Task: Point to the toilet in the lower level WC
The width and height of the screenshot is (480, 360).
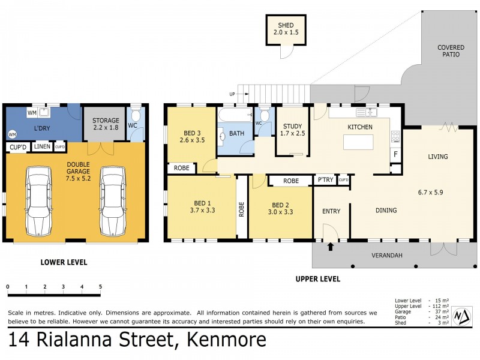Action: point(136,116)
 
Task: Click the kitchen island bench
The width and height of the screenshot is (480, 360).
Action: point(358,142)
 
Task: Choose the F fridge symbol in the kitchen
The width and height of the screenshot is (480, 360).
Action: point(395,154)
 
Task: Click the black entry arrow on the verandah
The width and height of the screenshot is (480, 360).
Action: point(329,246)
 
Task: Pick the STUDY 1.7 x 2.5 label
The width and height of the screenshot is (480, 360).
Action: point(292,129)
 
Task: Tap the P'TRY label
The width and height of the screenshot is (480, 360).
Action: point(325,180)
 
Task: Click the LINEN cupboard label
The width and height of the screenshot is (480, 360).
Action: point(42,147)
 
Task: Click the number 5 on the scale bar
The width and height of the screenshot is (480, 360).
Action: point(100,287)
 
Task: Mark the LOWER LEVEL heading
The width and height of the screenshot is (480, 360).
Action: point(64,262)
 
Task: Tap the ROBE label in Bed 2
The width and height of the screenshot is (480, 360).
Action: point(290,180)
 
